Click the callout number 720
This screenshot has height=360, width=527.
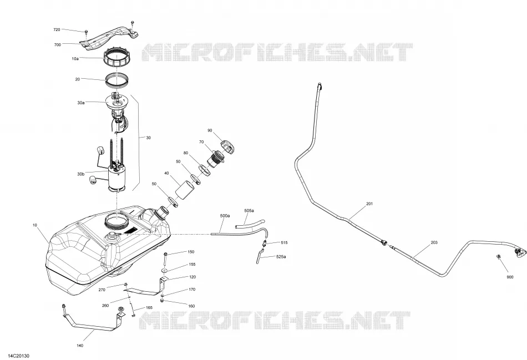(x=57, y=30)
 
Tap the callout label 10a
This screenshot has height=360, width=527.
(x=75, y=58)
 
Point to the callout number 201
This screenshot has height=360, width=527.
(x=369, y=204)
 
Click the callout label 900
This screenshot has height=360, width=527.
(x=510, y=277)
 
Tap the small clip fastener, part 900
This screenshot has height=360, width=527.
(x=499, y=257)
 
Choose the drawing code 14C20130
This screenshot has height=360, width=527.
(x=15, y=356)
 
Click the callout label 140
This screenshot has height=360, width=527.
(x=80, y=346)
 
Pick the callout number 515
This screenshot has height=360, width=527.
(x=284, y=243)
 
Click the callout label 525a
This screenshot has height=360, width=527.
(x=281, y=257)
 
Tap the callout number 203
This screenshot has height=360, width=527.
(x=434, y=243)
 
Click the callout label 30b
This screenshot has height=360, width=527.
(x=80, y=174)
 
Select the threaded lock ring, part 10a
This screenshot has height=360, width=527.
(x=116, y=58)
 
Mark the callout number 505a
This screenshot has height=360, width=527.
(x=249, y=211)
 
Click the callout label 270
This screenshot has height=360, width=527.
(x=102, y=290)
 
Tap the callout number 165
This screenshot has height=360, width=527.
(x=149, y=307)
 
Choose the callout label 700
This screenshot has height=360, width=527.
(x=58, y=45)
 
